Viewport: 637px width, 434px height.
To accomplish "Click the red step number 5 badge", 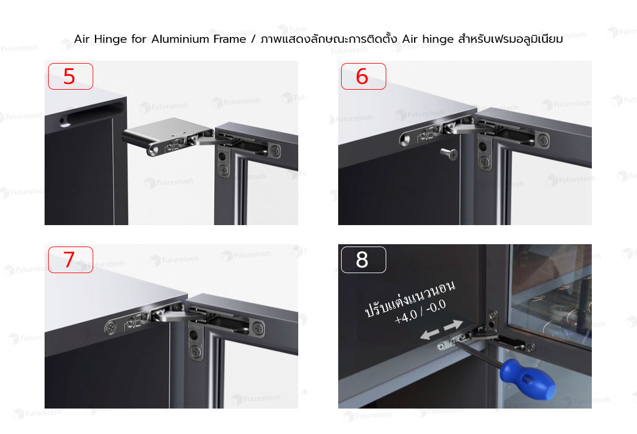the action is (71, 76).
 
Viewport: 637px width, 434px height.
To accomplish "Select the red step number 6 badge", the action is (363, 76).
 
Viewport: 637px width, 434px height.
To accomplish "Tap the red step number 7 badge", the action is (71, 260).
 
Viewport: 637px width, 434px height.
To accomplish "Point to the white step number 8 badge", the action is (363, 260).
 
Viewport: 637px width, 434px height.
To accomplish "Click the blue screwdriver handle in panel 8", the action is (528, 379).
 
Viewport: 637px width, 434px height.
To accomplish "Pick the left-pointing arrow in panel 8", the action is (430, 334).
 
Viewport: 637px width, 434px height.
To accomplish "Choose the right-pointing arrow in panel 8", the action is (453, 325).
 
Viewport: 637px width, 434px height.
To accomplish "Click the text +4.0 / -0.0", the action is (420, 311).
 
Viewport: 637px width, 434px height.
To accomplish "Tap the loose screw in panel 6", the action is (449, 153).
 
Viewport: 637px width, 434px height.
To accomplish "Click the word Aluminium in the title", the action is (199, 39).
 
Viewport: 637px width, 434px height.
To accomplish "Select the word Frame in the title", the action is (268, 39).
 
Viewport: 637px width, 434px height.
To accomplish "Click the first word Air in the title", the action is (82, 39).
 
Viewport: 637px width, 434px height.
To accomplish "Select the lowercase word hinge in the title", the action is (438, 40).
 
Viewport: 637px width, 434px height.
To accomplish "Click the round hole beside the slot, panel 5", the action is (63, 120).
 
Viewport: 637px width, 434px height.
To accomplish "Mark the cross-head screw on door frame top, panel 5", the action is (276, 151).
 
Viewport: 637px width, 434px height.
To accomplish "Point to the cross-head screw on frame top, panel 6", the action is (543, 141).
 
